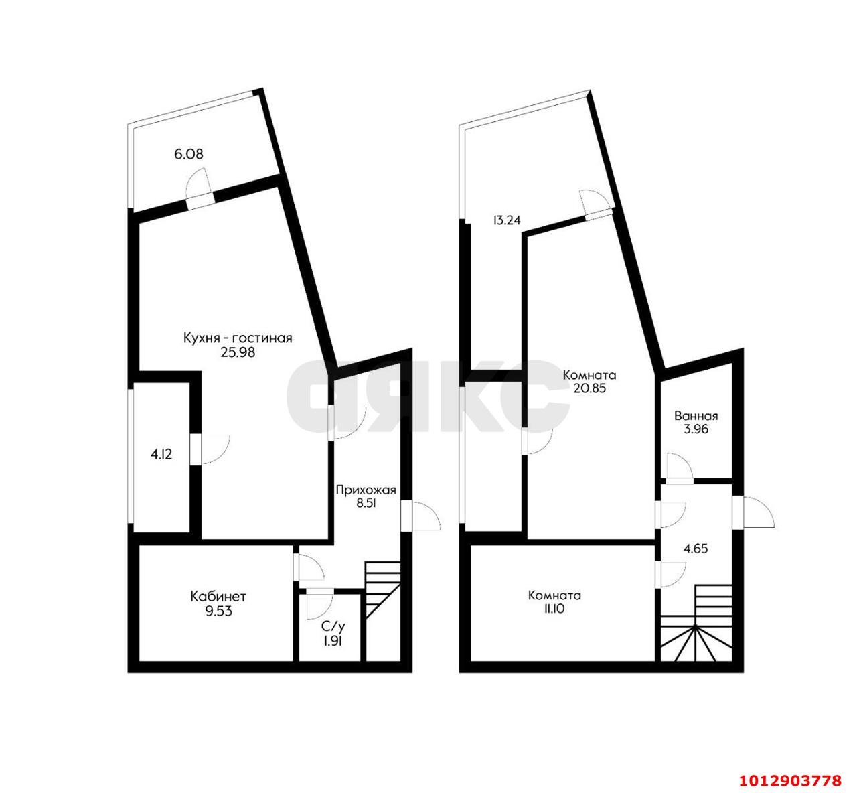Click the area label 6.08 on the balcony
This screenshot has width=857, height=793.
189,154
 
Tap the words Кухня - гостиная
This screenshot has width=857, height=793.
238,338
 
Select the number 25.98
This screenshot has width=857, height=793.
238,353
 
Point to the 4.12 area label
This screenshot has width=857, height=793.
161,454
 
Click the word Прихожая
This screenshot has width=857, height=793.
366,490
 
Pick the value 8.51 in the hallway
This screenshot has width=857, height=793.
366,504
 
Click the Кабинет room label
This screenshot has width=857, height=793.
218,597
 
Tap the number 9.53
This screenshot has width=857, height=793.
218,611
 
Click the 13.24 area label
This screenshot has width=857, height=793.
507,220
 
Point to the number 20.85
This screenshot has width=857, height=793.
589,388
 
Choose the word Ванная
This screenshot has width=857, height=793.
696,416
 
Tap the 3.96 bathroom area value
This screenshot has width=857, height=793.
696,429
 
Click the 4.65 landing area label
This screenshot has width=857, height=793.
696,549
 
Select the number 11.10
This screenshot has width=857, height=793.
554,609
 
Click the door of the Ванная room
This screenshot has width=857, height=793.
679,467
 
